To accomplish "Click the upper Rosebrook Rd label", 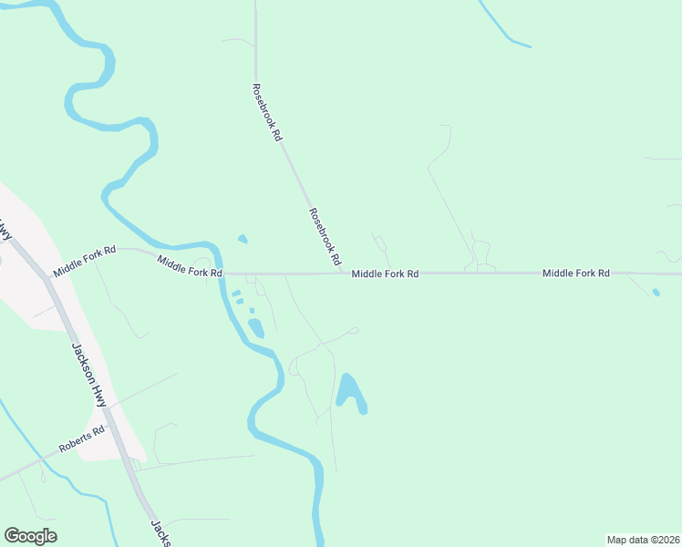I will click(x=265, y=112).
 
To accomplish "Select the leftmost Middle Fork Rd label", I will click(x=85, y=260).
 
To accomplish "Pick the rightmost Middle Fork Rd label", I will click(x=575, y=273).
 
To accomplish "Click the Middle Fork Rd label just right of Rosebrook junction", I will click(x=385, y=273).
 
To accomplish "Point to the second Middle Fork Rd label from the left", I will click(x=190, y=266).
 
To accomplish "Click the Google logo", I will click(x=30, y=536).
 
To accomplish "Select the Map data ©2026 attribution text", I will click(x=643, y=540).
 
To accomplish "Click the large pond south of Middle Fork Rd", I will click(x=351, y=392).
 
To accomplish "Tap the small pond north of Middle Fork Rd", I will click(x=242, y=240).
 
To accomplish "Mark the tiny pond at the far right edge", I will click(x=656, y=293).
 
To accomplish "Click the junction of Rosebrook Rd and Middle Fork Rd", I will click(x=344, y=273).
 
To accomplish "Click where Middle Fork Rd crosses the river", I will click(x=222, y=273).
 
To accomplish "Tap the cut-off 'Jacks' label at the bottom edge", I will click(x=160, y=534).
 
